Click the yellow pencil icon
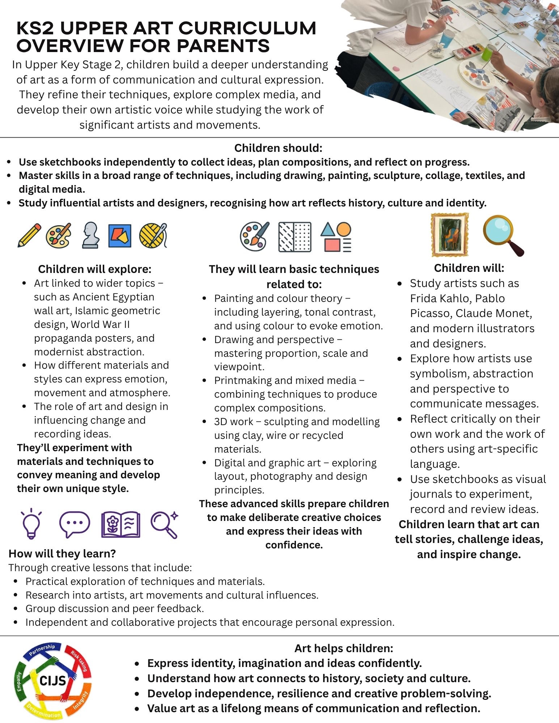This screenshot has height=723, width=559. coord(29,236)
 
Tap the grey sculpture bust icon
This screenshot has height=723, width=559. coord(90,235)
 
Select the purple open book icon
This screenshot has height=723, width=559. coord(120,524)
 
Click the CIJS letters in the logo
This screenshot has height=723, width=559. coord(53,681)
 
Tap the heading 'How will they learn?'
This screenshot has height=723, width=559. coord(62,553)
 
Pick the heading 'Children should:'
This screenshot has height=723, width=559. coord(278,148)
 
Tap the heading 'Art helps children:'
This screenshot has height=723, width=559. coord(344,648)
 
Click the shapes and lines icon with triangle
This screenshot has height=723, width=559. coord(336,237)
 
